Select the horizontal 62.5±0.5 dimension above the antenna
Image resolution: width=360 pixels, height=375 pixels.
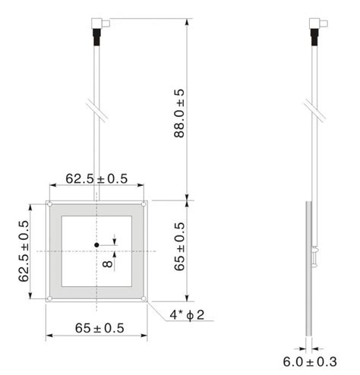pos(96,178)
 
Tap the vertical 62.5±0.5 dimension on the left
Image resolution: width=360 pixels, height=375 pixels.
pos(24,251)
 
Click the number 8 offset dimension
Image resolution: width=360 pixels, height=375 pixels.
pos(107,264)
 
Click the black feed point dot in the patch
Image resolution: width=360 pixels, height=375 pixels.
pos(97,244)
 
